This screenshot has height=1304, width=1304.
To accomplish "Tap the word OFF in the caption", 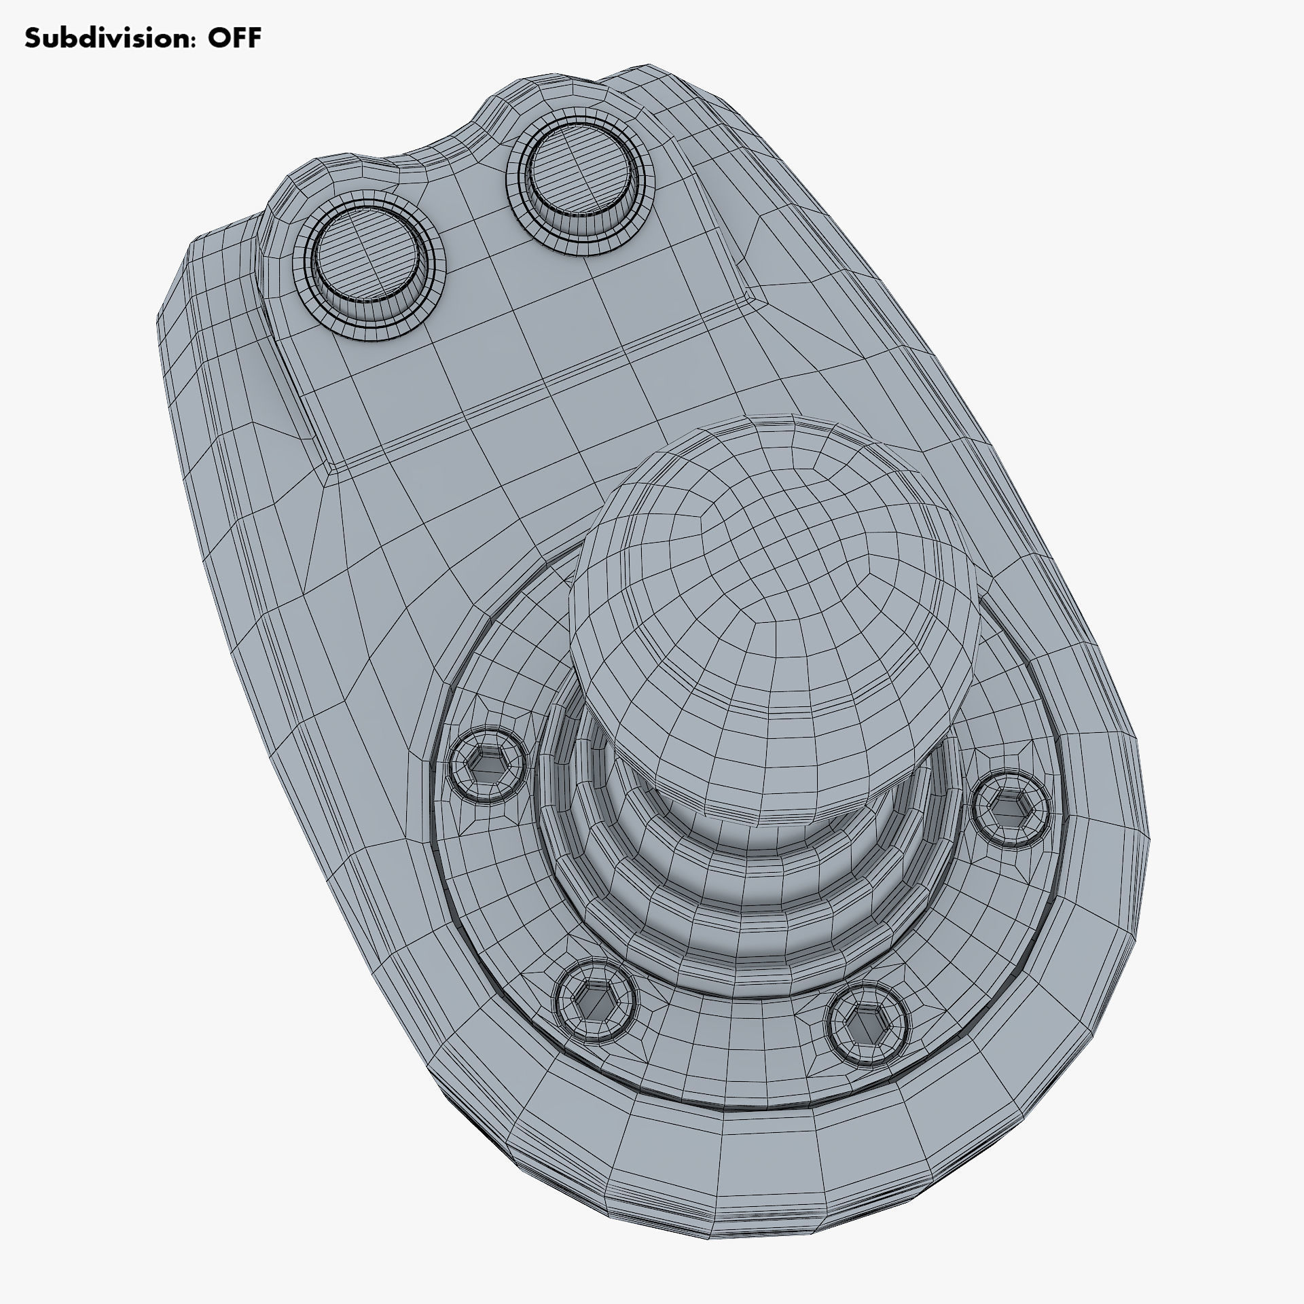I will coord(234,38).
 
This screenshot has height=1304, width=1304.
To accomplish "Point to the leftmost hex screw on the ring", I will coord(488,765).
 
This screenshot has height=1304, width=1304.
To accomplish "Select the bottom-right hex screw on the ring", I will coord(868,1024).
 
